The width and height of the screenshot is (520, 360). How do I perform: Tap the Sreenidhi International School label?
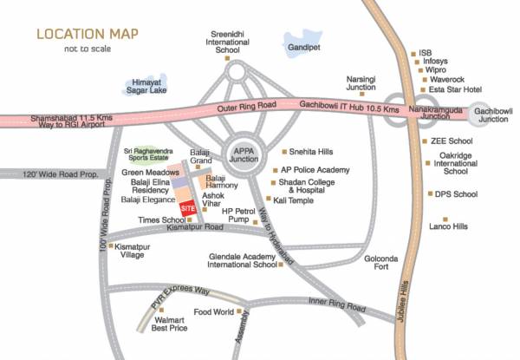[x=228, y=43]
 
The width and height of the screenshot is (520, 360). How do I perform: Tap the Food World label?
[x=213, y=311]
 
